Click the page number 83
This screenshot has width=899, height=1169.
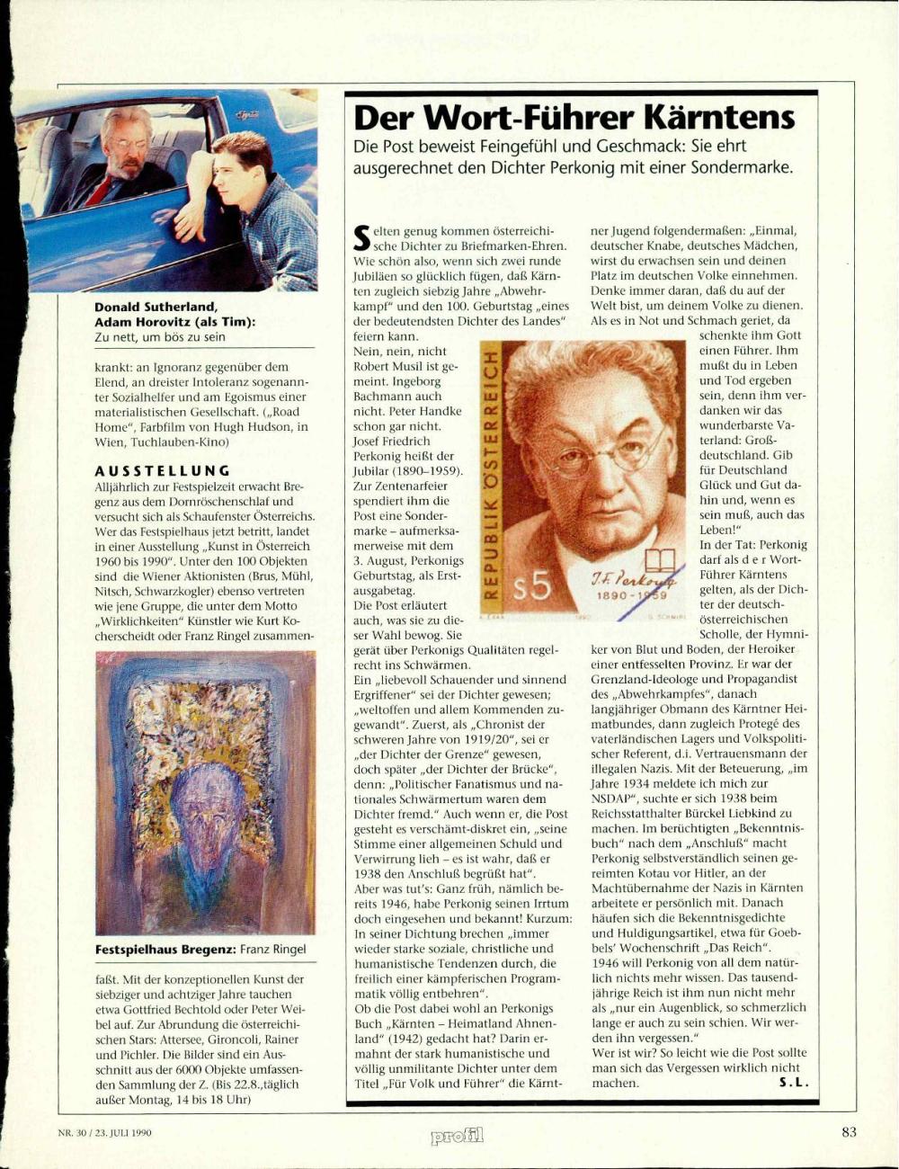click(x=850, y=1132)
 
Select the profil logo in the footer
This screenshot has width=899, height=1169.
click(x=458, y=1135)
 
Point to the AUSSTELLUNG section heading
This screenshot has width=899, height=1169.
click(x=163, y=470)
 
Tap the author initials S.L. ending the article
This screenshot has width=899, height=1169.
click(x=794, y=1082)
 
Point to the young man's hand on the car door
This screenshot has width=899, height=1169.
click(x=194, y=221)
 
